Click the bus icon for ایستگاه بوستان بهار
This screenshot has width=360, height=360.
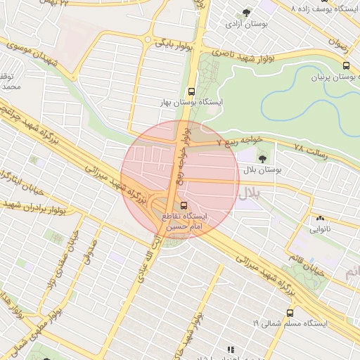point(191,91)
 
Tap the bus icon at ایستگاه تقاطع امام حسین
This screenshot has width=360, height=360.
point(184,205)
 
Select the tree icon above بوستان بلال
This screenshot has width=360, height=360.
point(263,157)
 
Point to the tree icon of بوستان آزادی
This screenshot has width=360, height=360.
point(245,13)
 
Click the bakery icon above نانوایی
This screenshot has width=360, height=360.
point(320,218)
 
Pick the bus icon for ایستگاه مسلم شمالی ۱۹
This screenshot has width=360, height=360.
point(290,313)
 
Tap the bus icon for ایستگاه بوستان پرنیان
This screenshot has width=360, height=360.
point(345,65)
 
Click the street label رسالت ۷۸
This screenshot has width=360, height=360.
point(309,150)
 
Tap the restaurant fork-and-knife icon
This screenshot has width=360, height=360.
point(230,349)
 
